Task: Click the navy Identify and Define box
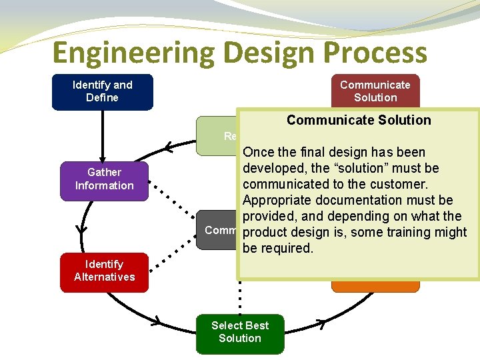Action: coord(103,91)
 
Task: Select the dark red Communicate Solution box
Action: coord(375,91)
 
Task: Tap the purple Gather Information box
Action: coord(104,179)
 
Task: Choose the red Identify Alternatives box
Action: coord(104,271)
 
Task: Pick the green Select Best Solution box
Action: coord(239,332)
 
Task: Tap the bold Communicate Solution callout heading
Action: coord(359,120)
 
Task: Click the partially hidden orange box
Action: coord(375,285)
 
